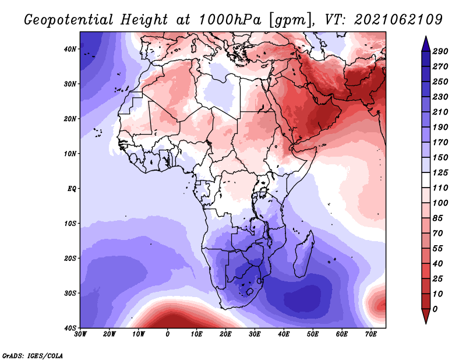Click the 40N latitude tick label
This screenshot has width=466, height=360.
point(70,49)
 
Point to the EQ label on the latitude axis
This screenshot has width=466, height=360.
point(71,189)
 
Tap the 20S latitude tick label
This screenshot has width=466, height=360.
point(70,258)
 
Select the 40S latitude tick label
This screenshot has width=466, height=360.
point(70,328)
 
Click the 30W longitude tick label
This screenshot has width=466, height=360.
point(80,334)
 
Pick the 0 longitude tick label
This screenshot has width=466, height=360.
point(168,334)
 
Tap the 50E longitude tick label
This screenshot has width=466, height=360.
point(313,334)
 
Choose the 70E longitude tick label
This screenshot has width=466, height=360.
point(371,334)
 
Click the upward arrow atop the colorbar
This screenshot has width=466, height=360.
point(425,43)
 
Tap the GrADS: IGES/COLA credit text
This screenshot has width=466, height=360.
point(33,355)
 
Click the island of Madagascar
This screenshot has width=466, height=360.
point(303,256)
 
